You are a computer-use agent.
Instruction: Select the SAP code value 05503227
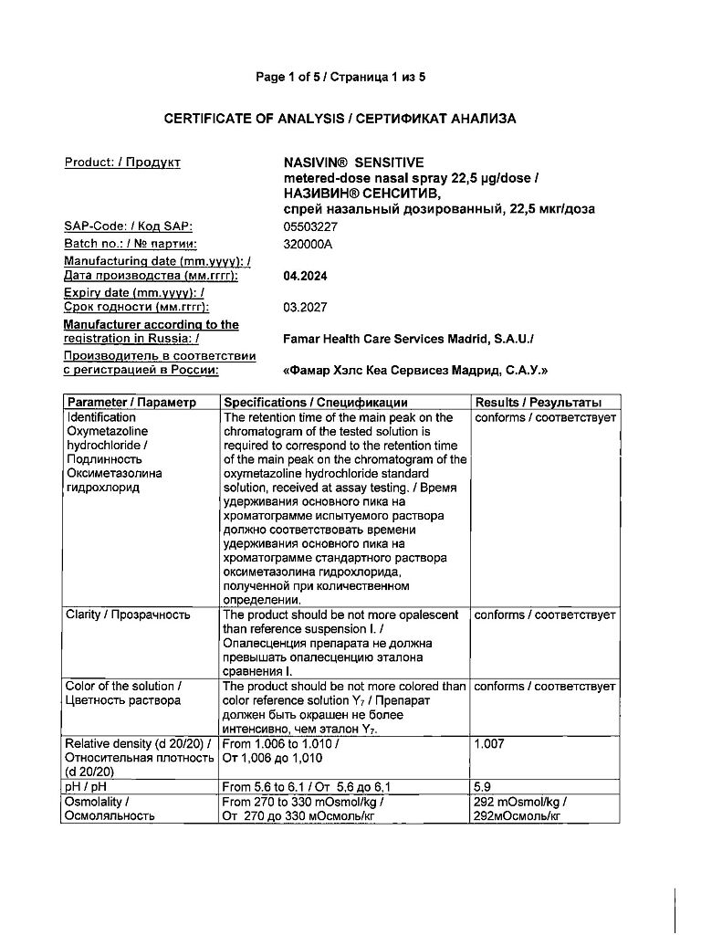tap(311, 226)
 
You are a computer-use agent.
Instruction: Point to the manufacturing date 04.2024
tap(305, 276)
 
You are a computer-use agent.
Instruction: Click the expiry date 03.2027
tap(305, 308)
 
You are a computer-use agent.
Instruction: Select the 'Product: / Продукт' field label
tap(122, 163)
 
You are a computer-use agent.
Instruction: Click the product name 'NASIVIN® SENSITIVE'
tap(354, 163)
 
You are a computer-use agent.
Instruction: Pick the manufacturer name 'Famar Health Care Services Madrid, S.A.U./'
tap(409, 339)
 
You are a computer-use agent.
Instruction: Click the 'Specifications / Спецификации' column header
tap(316, 403)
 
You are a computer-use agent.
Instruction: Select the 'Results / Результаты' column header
tap(538, 403)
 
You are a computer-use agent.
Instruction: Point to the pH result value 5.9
tap(483, 786)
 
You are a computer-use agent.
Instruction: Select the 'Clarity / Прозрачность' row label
tap(128, 615)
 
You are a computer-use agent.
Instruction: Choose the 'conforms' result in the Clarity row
tap(498, 615)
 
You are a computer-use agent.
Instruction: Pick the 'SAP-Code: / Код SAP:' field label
tap(129, 226)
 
